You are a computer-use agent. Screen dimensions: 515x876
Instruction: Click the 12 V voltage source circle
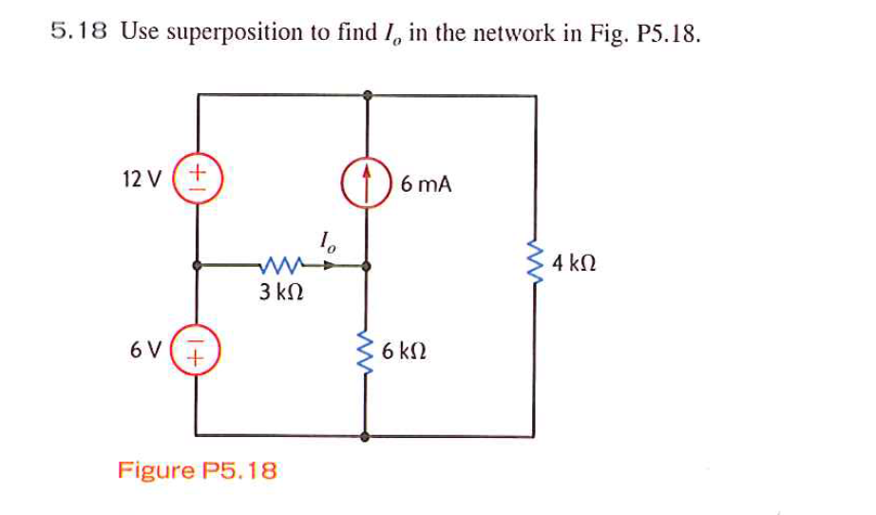[198, 179]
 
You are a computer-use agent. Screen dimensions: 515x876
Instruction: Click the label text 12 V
[143, 178]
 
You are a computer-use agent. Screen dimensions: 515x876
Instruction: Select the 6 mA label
[426, 184]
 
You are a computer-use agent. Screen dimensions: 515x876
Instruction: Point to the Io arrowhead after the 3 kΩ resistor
[329, 266]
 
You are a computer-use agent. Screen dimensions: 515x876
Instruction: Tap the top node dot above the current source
[367, 94]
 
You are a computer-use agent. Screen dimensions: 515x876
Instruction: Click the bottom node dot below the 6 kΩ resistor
[367, 437]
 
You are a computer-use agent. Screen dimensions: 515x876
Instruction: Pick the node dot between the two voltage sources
[197, 267]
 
